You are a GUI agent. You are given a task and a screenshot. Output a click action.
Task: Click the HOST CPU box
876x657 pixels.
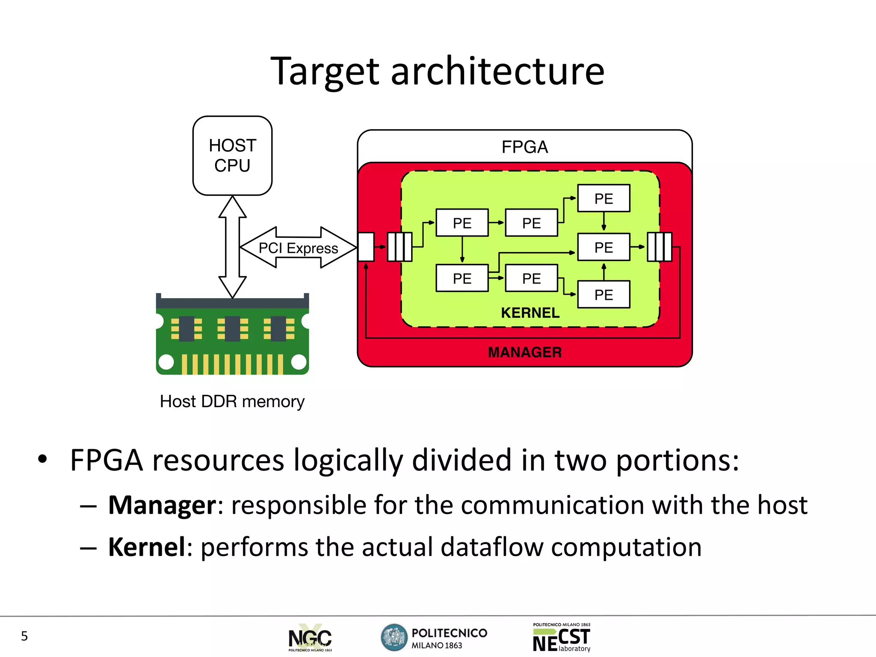232,156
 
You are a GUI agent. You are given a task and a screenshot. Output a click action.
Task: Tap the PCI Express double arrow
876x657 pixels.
298,248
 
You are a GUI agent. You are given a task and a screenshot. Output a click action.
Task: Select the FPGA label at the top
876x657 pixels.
524,147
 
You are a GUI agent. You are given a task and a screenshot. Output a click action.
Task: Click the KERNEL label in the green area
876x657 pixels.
530,313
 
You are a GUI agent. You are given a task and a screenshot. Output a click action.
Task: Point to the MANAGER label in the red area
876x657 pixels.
524,352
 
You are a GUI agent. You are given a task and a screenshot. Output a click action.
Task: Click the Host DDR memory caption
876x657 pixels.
232,401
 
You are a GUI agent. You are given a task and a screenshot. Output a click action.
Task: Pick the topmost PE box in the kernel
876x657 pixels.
604,198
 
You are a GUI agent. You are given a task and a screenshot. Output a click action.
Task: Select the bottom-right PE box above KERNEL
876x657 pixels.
604,295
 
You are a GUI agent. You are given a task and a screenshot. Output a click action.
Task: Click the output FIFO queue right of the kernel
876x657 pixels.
659,247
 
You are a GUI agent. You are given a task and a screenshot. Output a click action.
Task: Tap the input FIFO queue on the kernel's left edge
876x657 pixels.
400,247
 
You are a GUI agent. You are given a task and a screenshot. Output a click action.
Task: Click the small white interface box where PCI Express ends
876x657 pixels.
366,247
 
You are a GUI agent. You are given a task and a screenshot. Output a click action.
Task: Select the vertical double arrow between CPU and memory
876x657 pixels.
232,247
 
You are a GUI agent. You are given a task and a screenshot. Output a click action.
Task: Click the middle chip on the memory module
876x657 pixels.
232,328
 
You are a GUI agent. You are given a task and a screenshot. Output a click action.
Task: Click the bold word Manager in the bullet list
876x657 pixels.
163,505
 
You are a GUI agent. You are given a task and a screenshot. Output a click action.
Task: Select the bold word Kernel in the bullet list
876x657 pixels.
147,547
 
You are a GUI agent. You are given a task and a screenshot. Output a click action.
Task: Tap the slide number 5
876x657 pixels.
24,636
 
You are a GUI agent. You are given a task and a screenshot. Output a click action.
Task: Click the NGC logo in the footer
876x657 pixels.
310,638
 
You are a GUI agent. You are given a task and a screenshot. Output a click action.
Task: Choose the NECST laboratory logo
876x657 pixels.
562,638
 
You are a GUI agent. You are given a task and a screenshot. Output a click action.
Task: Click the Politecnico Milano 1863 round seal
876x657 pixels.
394,637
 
